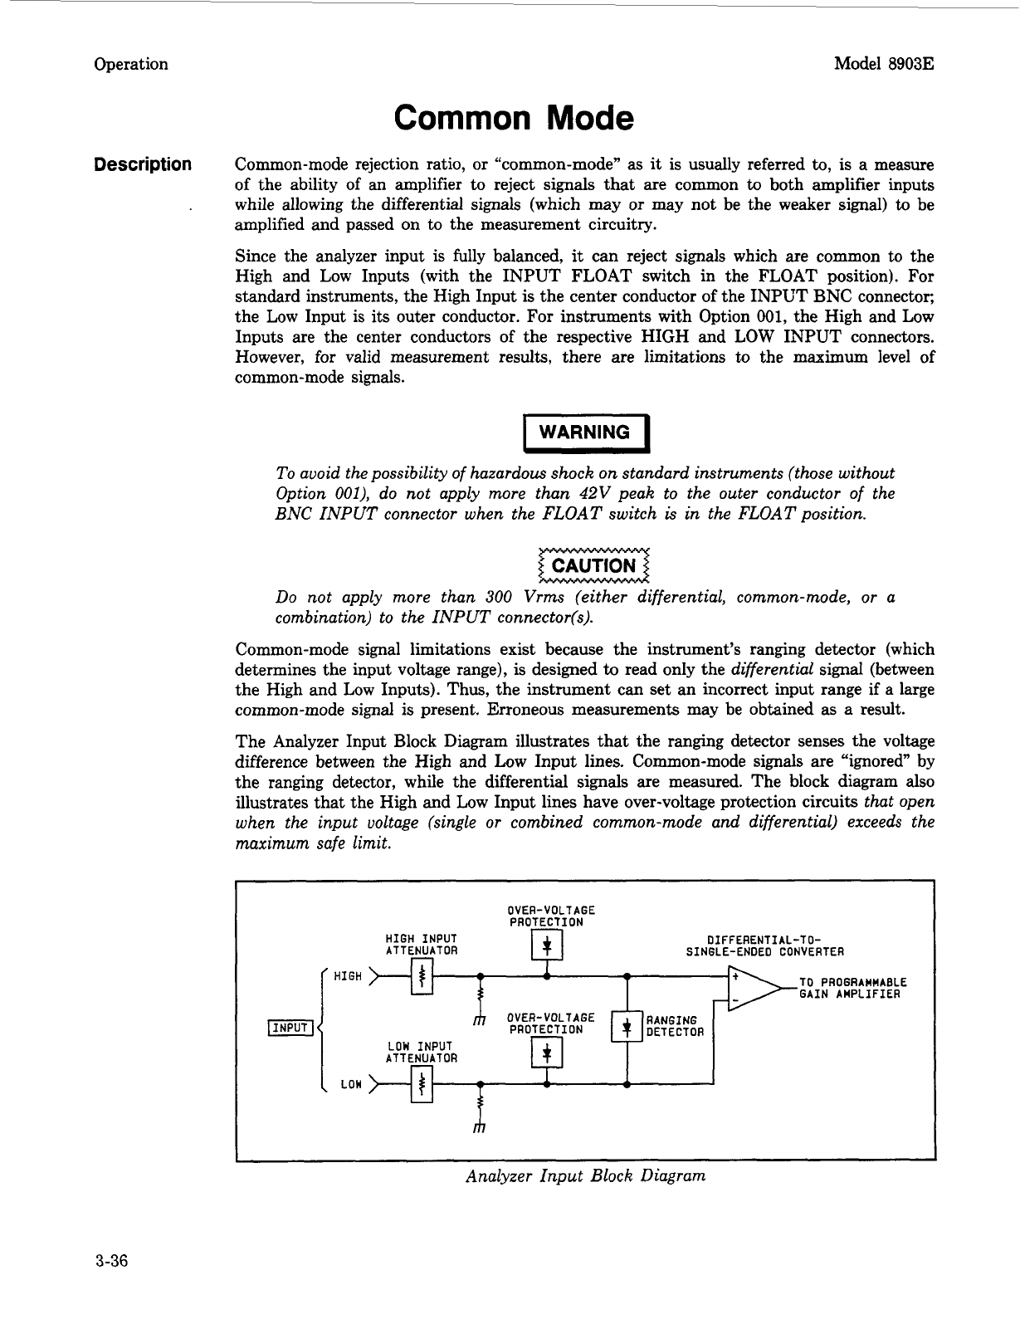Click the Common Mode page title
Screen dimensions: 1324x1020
pyautogui.click(x=514, y=119)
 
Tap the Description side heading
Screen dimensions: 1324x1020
pyautogui.click(x=143, y=164)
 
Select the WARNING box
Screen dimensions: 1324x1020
pyautogui.click(x=583, y=432)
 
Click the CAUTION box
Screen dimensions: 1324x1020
pyautogui.click(x=593, y=566)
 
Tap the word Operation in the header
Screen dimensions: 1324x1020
pyautogui.click(x=131, y=64)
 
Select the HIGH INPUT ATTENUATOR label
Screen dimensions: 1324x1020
pyautogui.click(x=422, y=944)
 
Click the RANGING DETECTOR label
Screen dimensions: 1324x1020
pyautogui.click(x=675, y=1026)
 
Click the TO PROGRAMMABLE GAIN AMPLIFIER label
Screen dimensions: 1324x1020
pyautogui.click(x=852, y=988)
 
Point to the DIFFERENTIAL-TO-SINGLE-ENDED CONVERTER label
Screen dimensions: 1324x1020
pyautogui.click(x=764, y=945)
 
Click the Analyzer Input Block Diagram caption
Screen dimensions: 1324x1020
pyautogui.click(x=586, y=1175)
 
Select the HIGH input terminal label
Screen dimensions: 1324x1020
pyautogui.click(x=347, y=976)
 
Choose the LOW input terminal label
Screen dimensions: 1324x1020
pyautogui.click(x=351, y=1084)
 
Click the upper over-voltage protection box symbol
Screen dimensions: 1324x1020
pyautogui.click(x=547, y=945)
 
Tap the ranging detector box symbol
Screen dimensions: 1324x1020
pyautogui.click(x=627, y=1027)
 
